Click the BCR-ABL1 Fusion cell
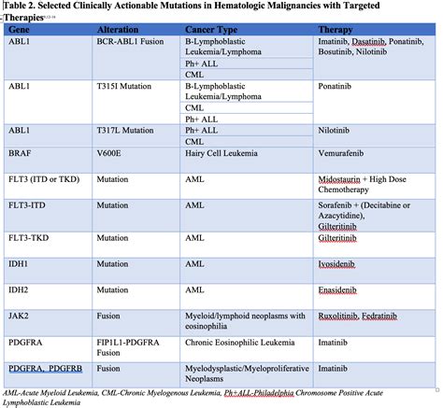pos(135,42)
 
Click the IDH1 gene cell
pos(18,264)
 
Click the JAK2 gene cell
pos(18,315)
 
